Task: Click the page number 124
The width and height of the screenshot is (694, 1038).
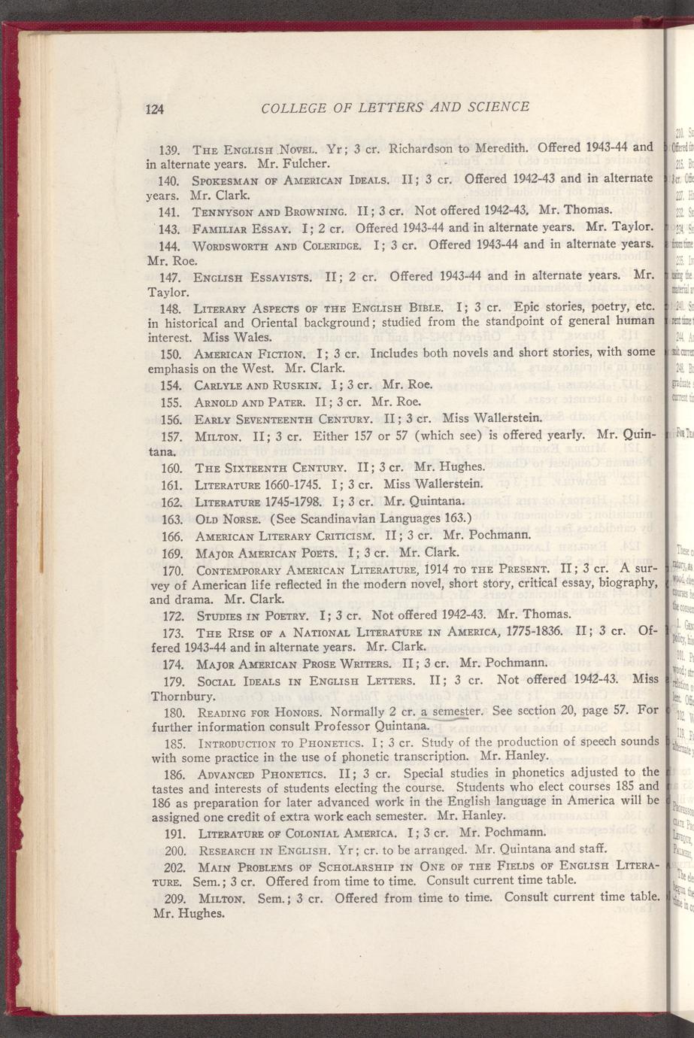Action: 154,108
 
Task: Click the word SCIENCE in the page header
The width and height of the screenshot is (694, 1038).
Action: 492,107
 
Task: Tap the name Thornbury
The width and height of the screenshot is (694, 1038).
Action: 179,697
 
